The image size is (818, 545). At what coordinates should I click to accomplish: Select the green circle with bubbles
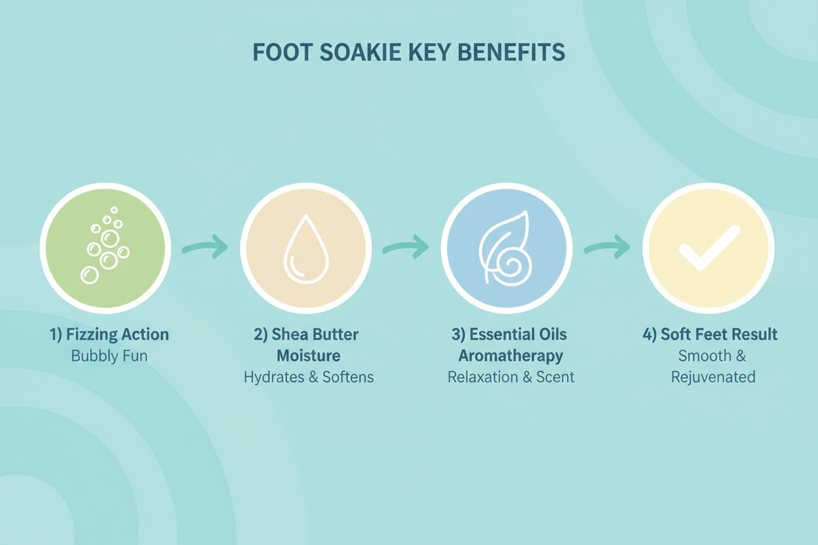106,248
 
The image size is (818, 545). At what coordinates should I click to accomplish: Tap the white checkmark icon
709,248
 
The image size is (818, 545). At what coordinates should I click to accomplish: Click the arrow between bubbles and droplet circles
205,248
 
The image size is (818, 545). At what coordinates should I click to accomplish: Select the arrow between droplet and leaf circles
406,248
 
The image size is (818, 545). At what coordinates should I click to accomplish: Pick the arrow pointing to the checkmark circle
607,248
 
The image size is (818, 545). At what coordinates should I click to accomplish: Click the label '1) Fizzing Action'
109,335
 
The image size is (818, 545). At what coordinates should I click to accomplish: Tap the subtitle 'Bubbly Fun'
109,357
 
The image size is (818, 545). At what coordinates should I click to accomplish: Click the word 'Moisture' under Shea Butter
308,356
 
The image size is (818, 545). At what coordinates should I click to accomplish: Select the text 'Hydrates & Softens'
308,377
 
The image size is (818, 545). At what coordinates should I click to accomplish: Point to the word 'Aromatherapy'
511,356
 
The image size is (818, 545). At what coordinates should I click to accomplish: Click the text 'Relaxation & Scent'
511,377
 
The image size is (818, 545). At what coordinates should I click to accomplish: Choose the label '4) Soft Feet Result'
710,335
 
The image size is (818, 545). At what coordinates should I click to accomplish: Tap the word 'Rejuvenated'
713,377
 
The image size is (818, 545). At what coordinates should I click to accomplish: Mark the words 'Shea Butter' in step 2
316,335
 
